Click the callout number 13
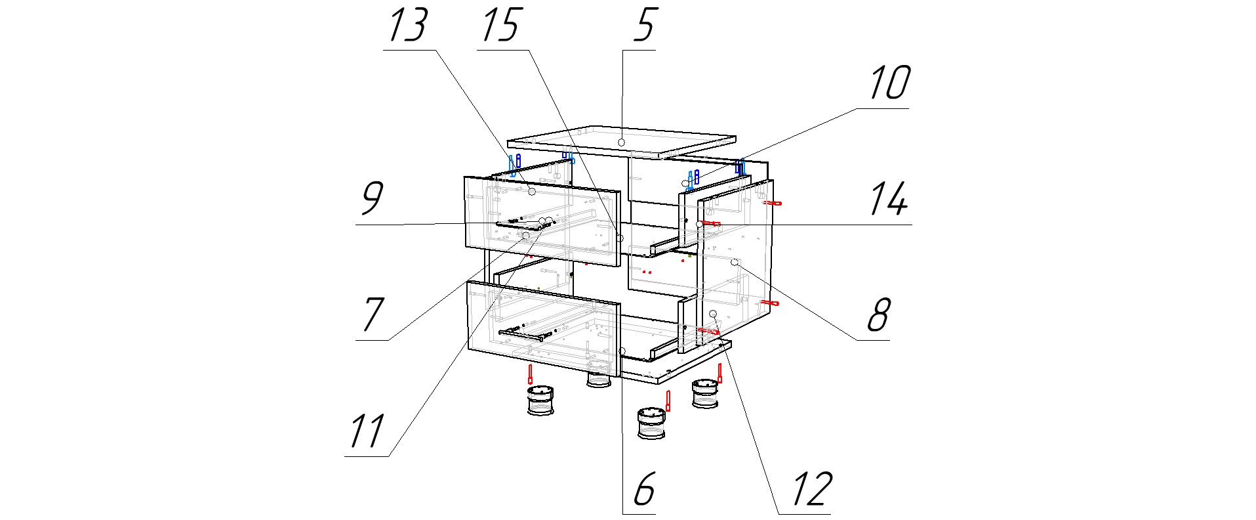click(409, 26)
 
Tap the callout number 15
click(502, 26)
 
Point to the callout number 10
click(889, 83)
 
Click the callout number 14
click(889, 200)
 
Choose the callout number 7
click(372, 315)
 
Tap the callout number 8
click(878, 315)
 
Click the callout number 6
click(644, 489)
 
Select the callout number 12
click(811, 489)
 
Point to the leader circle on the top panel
click(620, 142)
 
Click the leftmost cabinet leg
click(541, 401)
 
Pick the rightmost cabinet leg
click(706, 394)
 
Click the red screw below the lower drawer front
click(530, 374)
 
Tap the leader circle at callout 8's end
click(735, 263)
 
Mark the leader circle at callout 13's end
click(532, 191)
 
